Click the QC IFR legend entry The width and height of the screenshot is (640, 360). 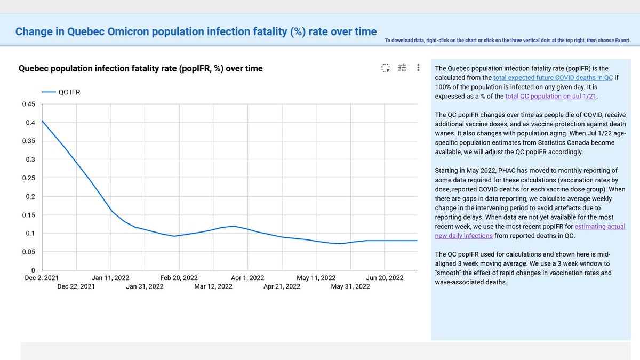tap(62, 92)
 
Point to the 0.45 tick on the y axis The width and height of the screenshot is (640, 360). tap(28, 104)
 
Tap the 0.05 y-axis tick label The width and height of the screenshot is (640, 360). tap(28, 252)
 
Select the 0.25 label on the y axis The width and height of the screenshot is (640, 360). tap(28, 178)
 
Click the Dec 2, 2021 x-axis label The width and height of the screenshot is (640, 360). tap(41, 278)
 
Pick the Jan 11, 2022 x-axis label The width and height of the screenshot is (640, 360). tap(110, 278)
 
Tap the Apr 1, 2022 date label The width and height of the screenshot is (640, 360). tap(247, 278)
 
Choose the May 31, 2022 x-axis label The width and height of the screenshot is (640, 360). tap(350, 286)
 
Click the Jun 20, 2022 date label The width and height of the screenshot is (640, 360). tap(385, 278)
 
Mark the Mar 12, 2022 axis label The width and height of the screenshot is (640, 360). tap(213, 286)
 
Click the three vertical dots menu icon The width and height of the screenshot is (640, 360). tap(419, 68)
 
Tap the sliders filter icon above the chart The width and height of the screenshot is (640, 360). tap(402, 68)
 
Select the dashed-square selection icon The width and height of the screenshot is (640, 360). tap(385, 68)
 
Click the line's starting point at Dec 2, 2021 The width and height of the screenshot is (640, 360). tap(42, 121)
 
